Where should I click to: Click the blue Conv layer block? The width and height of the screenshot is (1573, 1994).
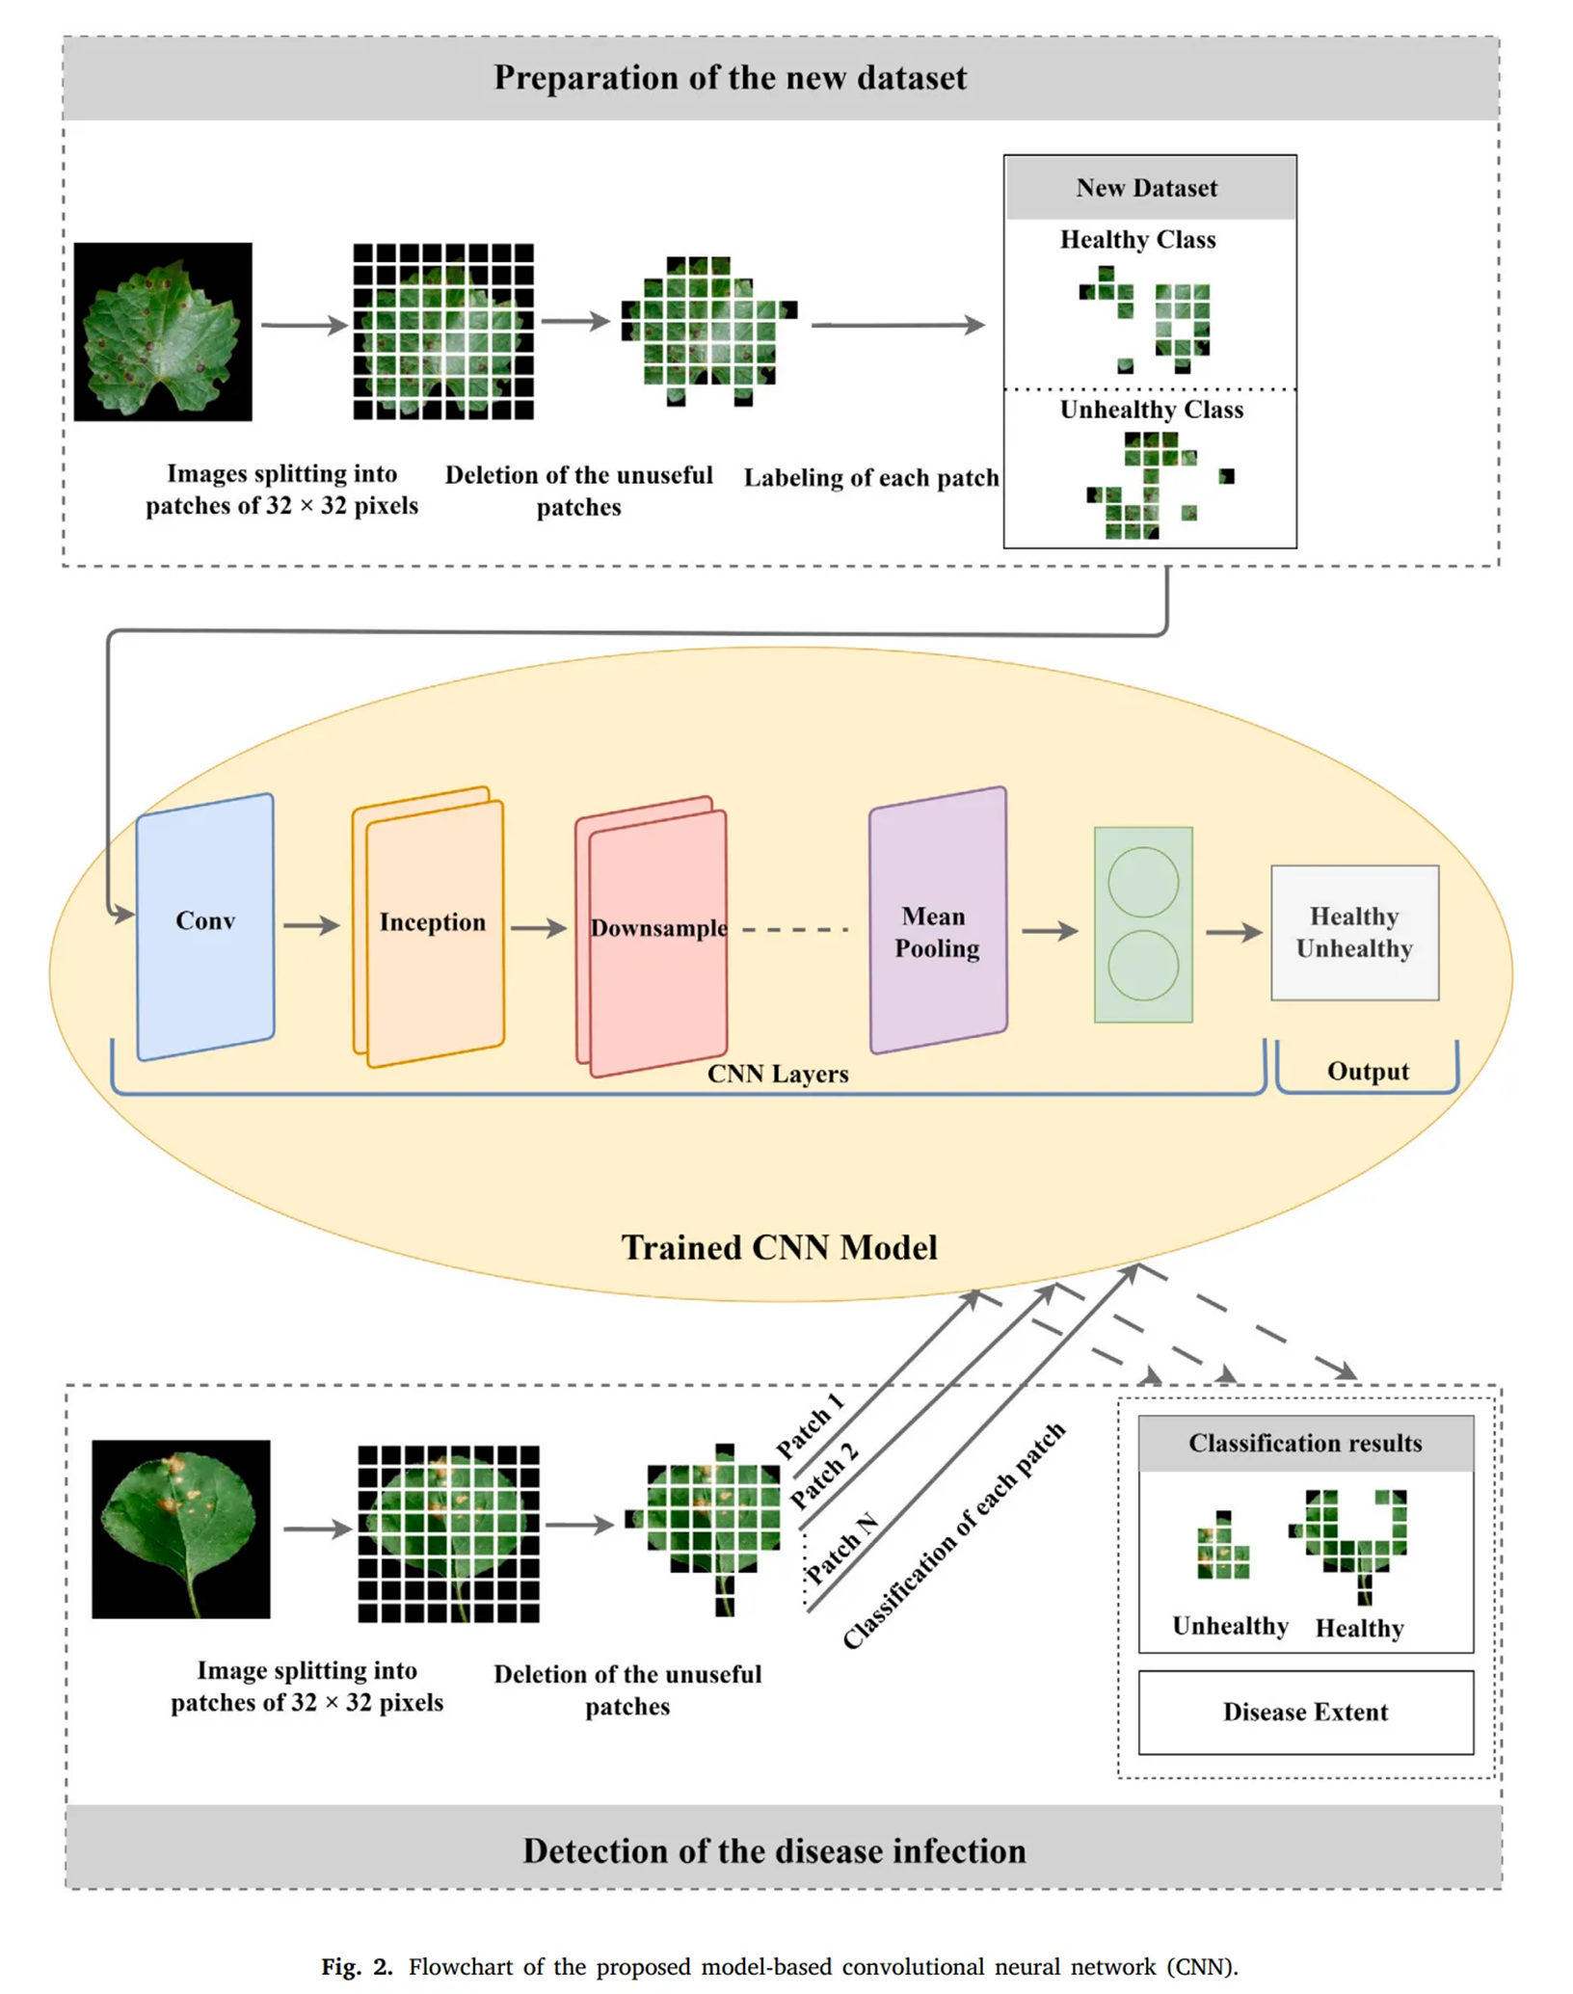click(205, 925)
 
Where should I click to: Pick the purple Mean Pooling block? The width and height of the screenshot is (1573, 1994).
click(938, 920)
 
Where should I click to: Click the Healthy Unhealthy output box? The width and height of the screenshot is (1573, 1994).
click(1354, 932)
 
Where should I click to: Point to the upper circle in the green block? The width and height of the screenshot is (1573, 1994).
click(1143, 882)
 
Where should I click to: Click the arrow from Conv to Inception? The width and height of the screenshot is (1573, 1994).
click(311, 925)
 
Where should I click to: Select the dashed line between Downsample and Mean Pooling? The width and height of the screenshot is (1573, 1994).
click(795, 930)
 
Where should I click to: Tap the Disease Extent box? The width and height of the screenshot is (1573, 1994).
click(1305, 1712)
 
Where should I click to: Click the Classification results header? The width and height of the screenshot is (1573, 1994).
click(1305, 1443)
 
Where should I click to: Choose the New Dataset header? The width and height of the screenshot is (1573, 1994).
click(1147, 188)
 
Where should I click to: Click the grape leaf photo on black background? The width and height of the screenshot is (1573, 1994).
click(163, 332)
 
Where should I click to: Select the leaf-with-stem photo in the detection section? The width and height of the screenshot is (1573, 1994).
click(181, 1529)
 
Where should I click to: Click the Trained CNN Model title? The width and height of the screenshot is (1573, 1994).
click(779, 1247)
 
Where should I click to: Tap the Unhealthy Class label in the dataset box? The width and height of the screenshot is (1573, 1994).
click(1151, 410)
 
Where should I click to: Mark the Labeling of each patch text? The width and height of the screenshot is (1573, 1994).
click(871, 478)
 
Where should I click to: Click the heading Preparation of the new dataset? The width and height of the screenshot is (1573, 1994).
click(730, 78)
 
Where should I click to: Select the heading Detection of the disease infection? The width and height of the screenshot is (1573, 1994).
click(774, 1851)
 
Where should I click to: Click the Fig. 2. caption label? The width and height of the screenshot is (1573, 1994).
click(357, 1966)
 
